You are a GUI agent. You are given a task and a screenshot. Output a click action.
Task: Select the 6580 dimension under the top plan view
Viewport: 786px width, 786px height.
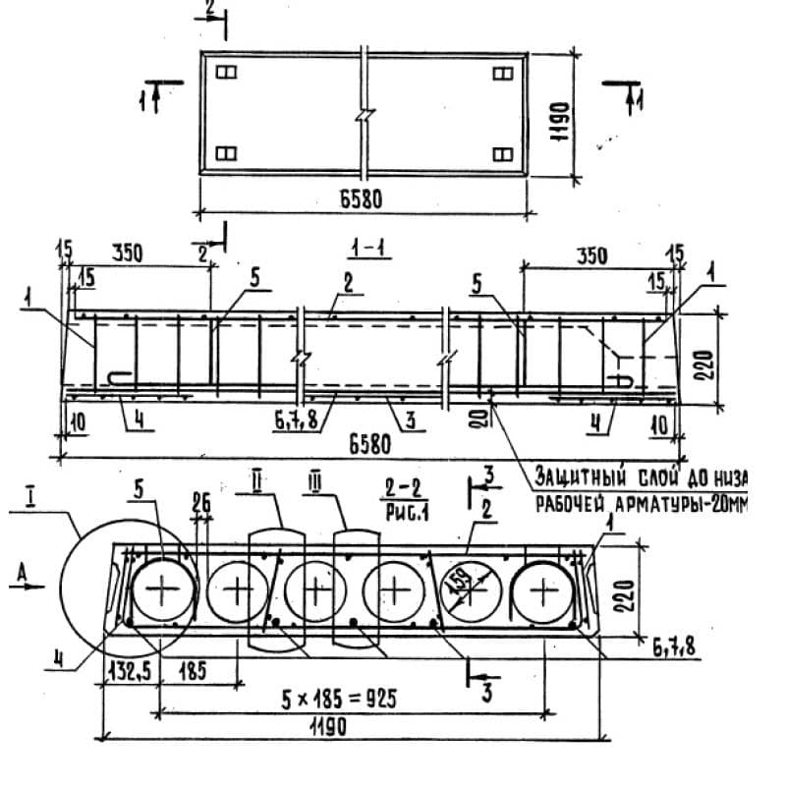tap(360, 199)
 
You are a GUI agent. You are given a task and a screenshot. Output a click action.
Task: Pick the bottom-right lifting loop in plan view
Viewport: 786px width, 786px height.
tap(502, 153)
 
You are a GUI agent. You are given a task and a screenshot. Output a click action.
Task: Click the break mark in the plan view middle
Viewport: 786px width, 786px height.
tap(363, 114)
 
